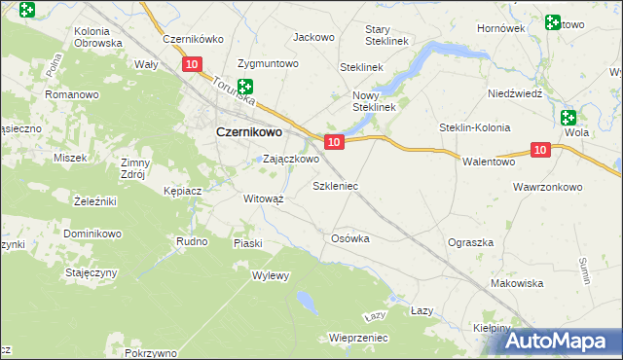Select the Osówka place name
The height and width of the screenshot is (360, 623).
pyautogui.click(x=351, y=238)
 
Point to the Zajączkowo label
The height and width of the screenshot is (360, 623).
pyautogui.click(x=291, y=159)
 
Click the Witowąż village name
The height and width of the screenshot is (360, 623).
pyautogui.click(x=263, y=198)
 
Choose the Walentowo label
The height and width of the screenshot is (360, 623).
pyautogui.click(x=488, y=162)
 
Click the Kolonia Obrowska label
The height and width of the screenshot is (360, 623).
pyautogui.click(x=98, y=37)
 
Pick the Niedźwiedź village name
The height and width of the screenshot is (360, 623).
pyautogui.click(x=515, y=93)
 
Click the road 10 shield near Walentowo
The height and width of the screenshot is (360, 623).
pyautogui.click(x=541, y=149)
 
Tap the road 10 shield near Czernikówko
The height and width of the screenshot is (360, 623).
pyautogui.click(x=192, y=64)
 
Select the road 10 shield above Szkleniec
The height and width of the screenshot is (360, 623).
pyautogui.click(x=334, y=142)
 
